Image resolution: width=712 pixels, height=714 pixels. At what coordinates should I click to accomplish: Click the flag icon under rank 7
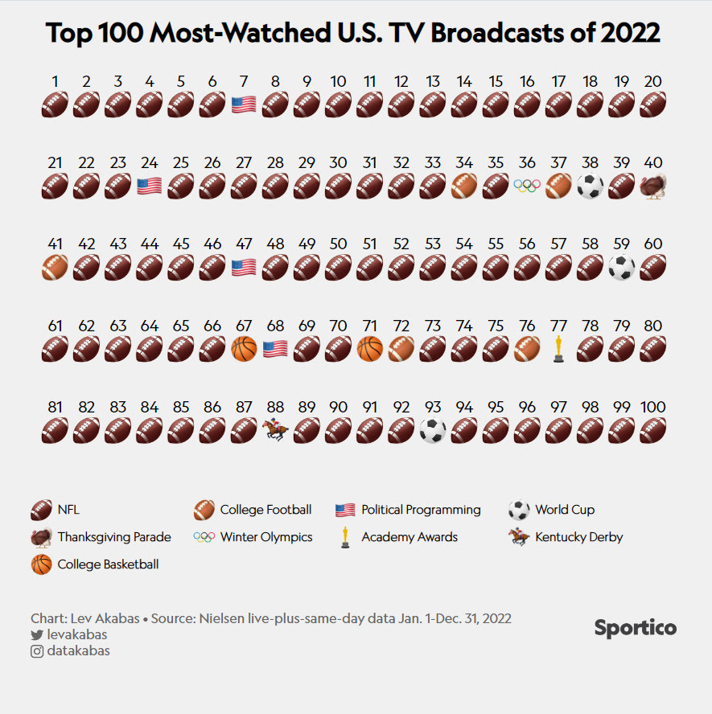[x=244, y=105]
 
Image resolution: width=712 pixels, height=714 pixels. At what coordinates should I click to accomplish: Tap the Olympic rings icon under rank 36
[x=527, y=186]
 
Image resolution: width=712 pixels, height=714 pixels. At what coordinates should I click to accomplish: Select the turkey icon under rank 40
[x=652, y=186]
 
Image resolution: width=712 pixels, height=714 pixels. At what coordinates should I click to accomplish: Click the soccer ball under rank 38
[x=590, y=186]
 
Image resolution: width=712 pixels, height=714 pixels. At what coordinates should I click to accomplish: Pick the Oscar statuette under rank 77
[x=558, y=348]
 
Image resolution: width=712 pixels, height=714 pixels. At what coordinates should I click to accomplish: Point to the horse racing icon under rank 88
[x=275, y=429]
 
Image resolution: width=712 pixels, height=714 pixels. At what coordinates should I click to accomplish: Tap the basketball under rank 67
[x=244, y=348]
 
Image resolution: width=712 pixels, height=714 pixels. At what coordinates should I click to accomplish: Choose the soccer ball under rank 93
[x=433, y=429]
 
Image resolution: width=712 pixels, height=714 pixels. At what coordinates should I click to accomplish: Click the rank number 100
[x=652, y=407]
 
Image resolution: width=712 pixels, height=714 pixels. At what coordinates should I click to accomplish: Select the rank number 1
[x=55, y=80]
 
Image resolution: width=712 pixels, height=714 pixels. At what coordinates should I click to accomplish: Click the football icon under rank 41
[x=55, y=267]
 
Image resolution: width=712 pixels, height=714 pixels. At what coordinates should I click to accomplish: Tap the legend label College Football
[x=265, y=510]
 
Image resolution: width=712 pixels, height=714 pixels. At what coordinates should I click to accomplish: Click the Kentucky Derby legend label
[x=578, y=537]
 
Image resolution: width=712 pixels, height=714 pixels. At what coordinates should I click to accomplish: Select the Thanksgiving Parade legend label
[x=113, y=537]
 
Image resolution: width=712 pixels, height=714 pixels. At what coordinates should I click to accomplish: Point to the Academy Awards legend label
[x=409, y=537]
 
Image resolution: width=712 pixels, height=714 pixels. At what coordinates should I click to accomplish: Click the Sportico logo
[x=635, y=628]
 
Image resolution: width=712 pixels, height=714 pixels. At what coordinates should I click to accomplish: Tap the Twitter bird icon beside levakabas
[x=37, y=635]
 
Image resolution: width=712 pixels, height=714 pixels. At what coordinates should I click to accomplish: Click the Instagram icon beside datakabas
[x=37, y=651]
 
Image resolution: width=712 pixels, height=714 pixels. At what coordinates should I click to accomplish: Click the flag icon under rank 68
[x=275, y=348]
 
